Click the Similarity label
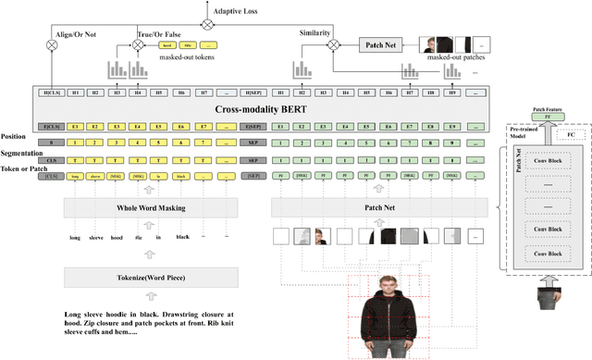(315, 32)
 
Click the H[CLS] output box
(50, 93)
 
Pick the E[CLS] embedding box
(50, 125)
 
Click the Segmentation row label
(21, 154)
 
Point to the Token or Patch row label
(25, 168)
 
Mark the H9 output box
(452, 93)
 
